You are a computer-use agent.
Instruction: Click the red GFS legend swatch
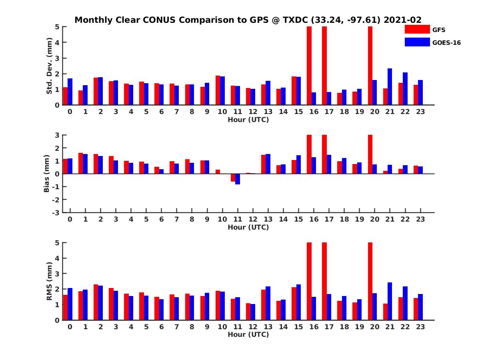(x=417, y=29)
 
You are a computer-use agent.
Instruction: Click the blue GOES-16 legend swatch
(x=417, y=42)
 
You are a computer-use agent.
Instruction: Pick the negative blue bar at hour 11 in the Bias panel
(x=238, y=179)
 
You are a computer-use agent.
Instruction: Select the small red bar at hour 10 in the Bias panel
(x=218, y=172)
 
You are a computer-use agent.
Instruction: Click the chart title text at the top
(x=248, y=20)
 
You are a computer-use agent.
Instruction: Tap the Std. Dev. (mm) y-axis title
(x=50, y=66)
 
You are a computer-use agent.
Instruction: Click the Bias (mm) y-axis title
(x=47, y=174)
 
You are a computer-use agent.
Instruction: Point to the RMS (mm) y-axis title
(x=50, y=281)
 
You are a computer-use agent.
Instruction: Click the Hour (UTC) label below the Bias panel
(x=248, y=227)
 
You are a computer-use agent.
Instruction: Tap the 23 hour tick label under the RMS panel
(x=420, y=326)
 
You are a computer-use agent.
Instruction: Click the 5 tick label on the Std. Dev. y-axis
(x=58, y=27)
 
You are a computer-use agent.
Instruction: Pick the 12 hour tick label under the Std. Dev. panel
(x=253, y=112)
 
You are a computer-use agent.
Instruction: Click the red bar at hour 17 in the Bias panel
(x=324, y=154)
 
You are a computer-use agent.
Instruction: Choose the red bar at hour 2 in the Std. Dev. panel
(x=96, y=91)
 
